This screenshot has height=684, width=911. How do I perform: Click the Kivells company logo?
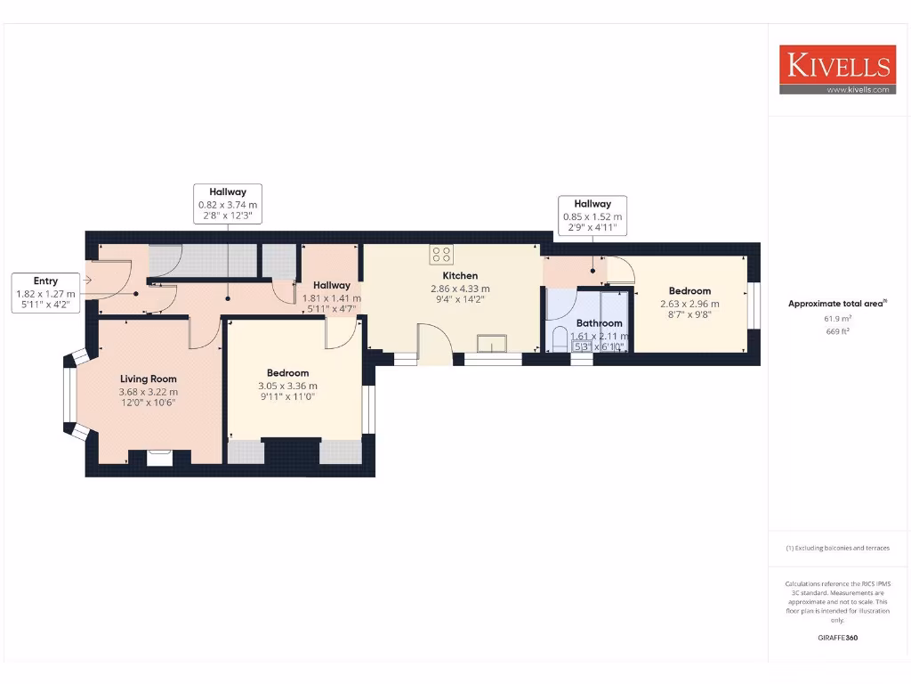(836, 65)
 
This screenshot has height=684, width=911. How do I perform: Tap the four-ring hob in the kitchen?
(440, 255)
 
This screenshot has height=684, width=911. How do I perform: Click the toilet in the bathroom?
(560, 339)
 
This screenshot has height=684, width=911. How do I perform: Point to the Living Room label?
(149, 379)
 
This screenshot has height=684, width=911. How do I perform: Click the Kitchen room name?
(460, 276)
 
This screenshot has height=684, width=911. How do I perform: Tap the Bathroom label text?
(599, 323)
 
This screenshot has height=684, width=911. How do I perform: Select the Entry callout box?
(45, 292)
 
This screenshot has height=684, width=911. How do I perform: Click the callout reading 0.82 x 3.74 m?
(228, 204)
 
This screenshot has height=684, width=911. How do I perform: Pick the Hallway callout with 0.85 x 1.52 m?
(592, 216)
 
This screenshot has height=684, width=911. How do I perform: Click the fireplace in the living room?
(160, 457)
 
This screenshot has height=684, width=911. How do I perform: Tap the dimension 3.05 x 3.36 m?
(287, 386)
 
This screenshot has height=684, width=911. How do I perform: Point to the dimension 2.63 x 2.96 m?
(689, 304)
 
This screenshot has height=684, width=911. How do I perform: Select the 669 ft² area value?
(837, 331)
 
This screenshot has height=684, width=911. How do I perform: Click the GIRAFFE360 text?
(837, 638)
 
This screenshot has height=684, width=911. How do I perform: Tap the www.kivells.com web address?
(858, 89)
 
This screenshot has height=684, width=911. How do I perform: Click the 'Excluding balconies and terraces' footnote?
(837, 548)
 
